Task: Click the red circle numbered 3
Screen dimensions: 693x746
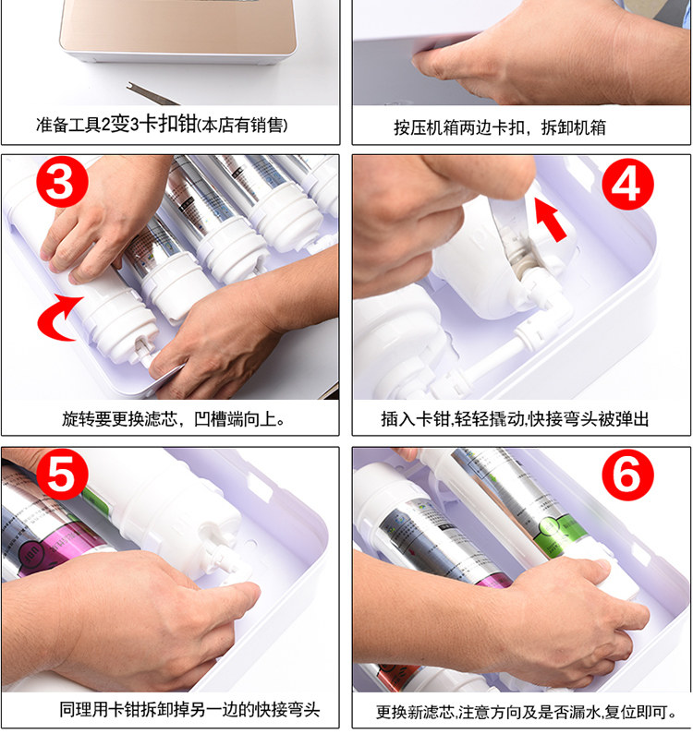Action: (x=63, y=182)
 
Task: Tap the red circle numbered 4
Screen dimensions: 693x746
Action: (x=627, y=184)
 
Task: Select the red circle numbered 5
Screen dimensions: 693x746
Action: (x=63, y=474)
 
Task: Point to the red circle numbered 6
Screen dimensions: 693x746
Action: (x=627, y=475)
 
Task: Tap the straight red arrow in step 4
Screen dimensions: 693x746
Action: (x=550, y=220)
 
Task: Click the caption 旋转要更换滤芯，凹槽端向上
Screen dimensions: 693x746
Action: (x=174, y=419)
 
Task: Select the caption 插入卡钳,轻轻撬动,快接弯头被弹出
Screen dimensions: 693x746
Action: (x=515, y=419)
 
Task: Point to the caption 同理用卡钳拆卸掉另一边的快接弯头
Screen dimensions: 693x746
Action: (x=189, y=709)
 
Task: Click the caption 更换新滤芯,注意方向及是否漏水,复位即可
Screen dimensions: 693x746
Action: (x=526, y=712)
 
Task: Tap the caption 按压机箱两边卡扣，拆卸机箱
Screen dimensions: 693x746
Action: (x=500, y=127)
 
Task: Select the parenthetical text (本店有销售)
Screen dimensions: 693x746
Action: (x=242, y=126)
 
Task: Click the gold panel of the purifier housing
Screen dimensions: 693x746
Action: (x=178, y=26)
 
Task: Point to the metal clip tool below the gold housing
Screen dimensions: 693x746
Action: (x=152, y=94)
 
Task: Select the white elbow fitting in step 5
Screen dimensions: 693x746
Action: (x=227, y=561)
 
